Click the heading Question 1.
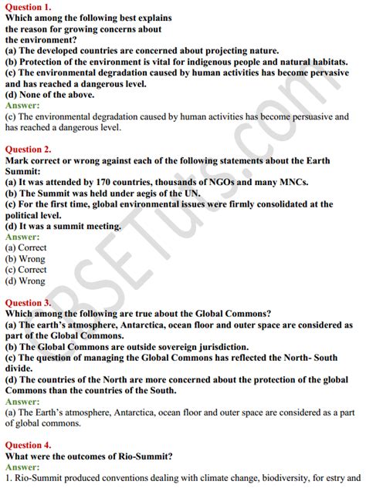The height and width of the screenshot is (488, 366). tap(30, 6)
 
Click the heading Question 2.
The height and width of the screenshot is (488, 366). tap(30, 149)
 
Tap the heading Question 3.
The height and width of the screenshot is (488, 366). tap(30, 303)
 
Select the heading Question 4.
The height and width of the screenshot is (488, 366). tap(30, 446)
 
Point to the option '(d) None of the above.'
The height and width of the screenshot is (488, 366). tap(50, 95)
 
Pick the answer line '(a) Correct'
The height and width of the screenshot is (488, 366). tap(25, 248)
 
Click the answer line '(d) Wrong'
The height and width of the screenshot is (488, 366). tap(25, 281)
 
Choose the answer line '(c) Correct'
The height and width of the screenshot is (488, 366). tap(25, 271)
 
